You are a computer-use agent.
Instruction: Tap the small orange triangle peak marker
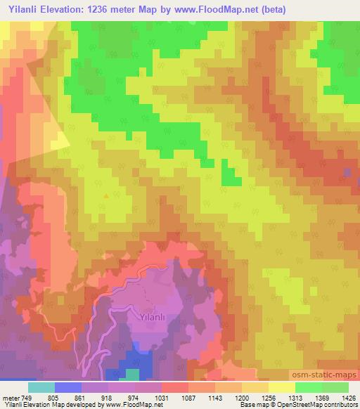(106, 196)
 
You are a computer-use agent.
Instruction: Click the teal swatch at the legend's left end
(41, 387)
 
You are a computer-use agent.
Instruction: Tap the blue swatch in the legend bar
(68, 387)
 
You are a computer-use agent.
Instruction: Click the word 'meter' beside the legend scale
(10, 398)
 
